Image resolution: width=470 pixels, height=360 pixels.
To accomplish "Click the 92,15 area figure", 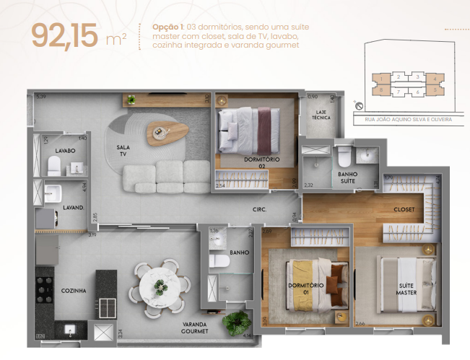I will coord(64,36).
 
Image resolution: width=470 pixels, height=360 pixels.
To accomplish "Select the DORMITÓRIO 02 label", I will coord(257,162).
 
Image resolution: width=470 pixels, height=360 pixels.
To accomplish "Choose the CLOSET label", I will coord(404,211).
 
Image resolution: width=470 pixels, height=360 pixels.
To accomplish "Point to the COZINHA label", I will coord(74,291).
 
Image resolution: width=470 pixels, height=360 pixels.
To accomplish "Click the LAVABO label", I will coord(65,152).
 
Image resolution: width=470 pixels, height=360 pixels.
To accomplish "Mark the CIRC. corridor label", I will coord(260,209).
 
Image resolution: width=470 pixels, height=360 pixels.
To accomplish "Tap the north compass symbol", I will coord(358,105).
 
